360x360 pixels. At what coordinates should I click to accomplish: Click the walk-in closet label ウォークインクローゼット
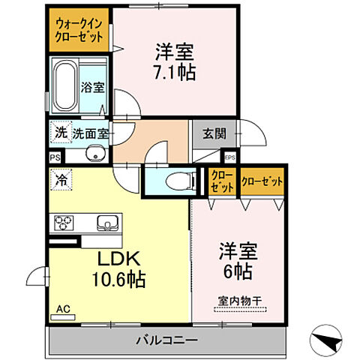tap(80, 30)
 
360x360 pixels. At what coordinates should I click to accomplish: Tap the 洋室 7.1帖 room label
tap(174, 64)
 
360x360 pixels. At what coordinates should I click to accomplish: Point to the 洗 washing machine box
tap(60, 133)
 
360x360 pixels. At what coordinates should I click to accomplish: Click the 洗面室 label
tap(91, 133)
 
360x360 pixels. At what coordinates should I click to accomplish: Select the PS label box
tap(54, 158)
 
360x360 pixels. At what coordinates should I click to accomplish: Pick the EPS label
tap(229, 157)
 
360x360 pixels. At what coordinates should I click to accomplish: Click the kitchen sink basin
tap(107, 223)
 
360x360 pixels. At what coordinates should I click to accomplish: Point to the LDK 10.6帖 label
tap(118, 268)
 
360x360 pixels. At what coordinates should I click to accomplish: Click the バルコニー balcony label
tap(166, 341)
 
